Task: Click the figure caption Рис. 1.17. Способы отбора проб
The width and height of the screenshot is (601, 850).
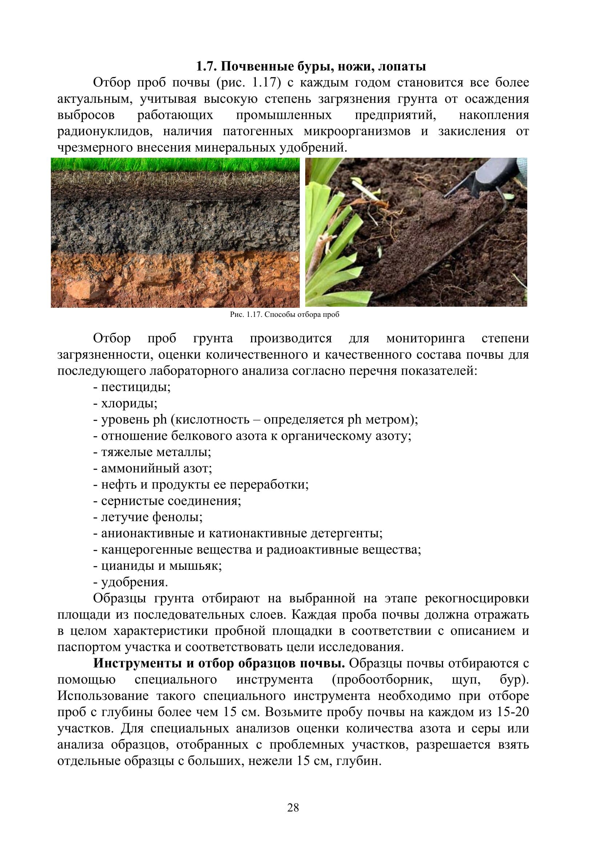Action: [285, 315]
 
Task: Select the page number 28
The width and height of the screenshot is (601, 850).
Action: [293, 817]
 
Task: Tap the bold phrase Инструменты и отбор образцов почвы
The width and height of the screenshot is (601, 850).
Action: [219, 664]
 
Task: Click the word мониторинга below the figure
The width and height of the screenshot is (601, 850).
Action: [425, 338]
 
